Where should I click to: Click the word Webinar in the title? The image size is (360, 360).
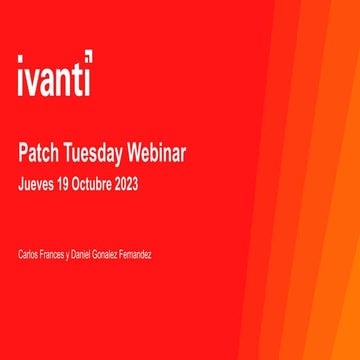click(155, 153)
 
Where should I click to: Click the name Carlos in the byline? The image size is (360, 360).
click(29, 256)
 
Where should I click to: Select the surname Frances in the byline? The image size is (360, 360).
click(54, 256)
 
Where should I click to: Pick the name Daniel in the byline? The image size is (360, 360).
click(83, 256)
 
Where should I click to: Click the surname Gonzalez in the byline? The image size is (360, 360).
click(110, 256)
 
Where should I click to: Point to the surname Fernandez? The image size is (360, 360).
click(139, 256)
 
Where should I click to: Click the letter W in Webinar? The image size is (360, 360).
click(133, 153)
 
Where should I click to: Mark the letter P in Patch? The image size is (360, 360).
click(23, 153)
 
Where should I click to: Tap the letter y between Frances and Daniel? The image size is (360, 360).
click(69, 257)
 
